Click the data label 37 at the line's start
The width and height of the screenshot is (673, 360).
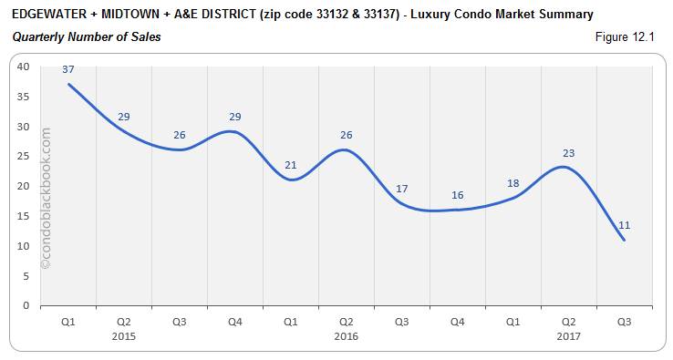click(x=68, y=69)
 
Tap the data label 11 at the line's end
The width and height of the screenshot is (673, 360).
click(x=624, y=225)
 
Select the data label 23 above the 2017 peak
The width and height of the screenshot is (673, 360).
click(x=568, y=153)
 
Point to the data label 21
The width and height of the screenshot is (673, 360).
click(x=291, y=165)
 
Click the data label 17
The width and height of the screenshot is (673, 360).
click(x=402, y=189)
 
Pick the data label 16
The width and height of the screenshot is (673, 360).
click(x=457, y=195)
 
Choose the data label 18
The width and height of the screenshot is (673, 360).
click(x=513, y=183)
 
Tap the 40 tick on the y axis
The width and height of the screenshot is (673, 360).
click(x=24, y=67)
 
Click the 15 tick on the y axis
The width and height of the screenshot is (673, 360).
click(x=24, y=216)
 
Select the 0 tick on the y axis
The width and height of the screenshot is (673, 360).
click(x=26, y=305)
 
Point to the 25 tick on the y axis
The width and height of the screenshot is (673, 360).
click(x=24, y=156)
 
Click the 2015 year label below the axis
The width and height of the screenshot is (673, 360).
click(x=124, y=335)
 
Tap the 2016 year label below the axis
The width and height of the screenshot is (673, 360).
click(x=347, y=335)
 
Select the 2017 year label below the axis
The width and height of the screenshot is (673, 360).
click(x=568, y=335)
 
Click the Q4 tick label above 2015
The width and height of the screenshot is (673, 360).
click(x=235, y=321)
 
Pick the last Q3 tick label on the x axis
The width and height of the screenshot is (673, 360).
click(x=624, y=321)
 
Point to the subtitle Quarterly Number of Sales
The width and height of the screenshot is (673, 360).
click(x=87, y=37)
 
